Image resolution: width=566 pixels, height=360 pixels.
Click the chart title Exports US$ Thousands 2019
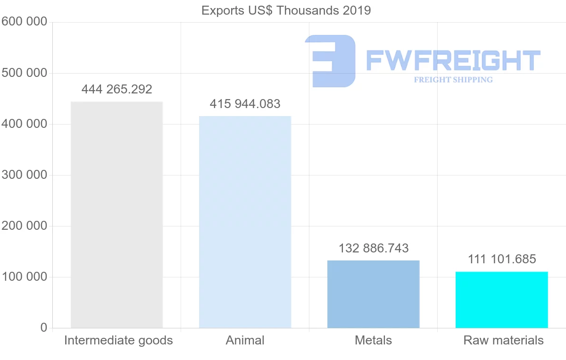tap(286, 10)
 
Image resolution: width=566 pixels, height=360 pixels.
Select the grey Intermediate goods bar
tap(117, 215)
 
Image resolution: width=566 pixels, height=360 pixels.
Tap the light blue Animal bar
tap(245, 222)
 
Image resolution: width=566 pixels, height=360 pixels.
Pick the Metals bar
tap(373, 294)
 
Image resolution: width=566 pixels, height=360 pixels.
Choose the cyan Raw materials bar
tap(501, 300)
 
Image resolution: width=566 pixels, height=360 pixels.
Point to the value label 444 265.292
tap(117, 89)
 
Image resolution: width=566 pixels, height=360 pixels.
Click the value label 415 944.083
tap(245, 104)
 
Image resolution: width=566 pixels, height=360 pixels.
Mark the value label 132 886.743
tap(374, 248)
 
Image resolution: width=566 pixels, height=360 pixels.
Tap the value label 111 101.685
tap(502, 259)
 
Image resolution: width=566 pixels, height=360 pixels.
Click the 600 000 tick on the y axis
tap(25, 22)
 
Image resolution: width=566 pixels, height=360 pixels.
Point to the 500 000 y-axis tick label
tap(25, 73)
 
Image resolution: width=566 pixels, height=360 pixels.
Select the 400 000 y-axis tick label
tap(25, 124)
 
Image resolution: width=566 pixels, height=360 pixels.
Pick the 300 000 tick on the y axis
tap(25, 175)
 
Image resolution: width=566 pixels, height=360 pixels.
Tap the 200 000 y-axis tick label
tap(25, 226)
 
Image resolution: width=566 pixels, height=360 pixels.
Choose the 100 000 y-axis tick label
tap(25, 277)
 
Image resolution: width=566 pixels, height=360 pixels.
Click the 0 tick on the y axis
tap(43, 327)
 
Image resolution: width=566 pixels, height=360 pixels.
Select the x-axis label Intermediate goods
tap(118, 340)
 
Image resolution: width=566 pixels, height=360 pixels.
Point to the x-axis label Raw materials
tap(503, 340)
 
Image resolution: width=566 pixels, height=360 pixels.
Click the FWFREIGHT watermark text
tap(453, 61)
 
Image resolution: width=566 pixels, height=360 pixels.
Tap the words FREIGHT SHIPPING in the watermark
tap(453, 80)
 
